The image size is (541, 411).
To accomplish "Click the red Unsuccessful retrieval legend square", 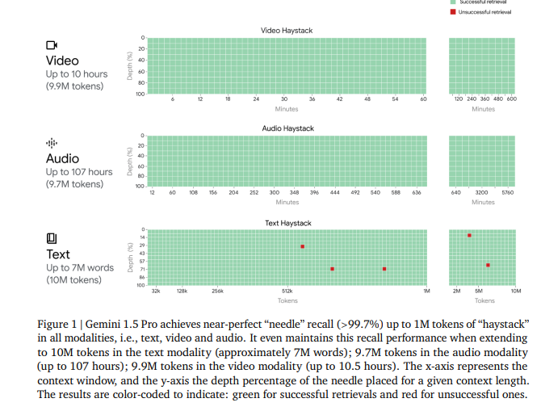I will pyautogui.click(x=452, y=12).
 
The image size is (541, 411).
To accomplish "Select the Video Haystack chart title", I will pyautogui.click(x=286, y=31).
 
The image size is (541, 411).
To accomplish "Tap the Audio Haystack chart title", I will pyautogui.click(x=287, y=128).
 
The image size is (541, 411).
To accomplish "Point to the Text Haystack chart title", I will pyautogui.click(x=287, y=223).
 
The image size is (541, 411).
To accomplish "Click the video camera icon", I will pyautogui.click(x=52, y=46).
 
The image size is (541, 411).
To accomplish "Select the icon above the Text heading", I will pyautogui.click(x=52, y=238).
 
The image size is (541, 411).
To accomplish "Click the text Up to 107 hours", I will pyautogui.click(x=78, y=172).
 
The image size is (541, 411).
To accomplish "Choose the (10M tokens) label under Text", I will pyautogui.click(x=73, y=280).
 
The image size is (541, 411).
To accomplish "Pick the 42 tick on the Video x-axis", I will pyautogui.click(x=339, y=99).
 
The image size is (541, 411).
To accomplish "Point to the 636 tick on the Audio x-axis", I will pyautogui.click(x=417, y=193).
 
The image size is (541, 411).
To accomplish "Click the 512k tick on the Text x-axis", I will pyautogui.click(x=287, y=290).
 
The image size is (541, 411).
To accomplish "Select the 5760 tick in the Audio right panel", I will pyautogui.click(x=507, y=193).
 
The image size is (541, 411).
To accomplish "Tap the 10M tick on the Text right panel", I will pyautogui.click(x=516, y=290).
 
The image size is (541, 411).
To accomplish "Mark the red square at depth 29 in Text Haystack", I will pyautogui.click(x=302, y=246).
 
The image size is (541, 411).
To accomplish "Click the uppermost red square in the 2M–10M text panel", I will pyautogui.click(x=469, y=235).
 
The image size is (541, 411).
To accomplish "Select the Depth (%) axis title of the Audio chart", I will pyautogui.click(x=129, y=161).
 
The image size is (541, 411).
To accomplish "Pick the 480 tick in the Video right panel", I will pyautogui.click(x=498, y=99).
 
